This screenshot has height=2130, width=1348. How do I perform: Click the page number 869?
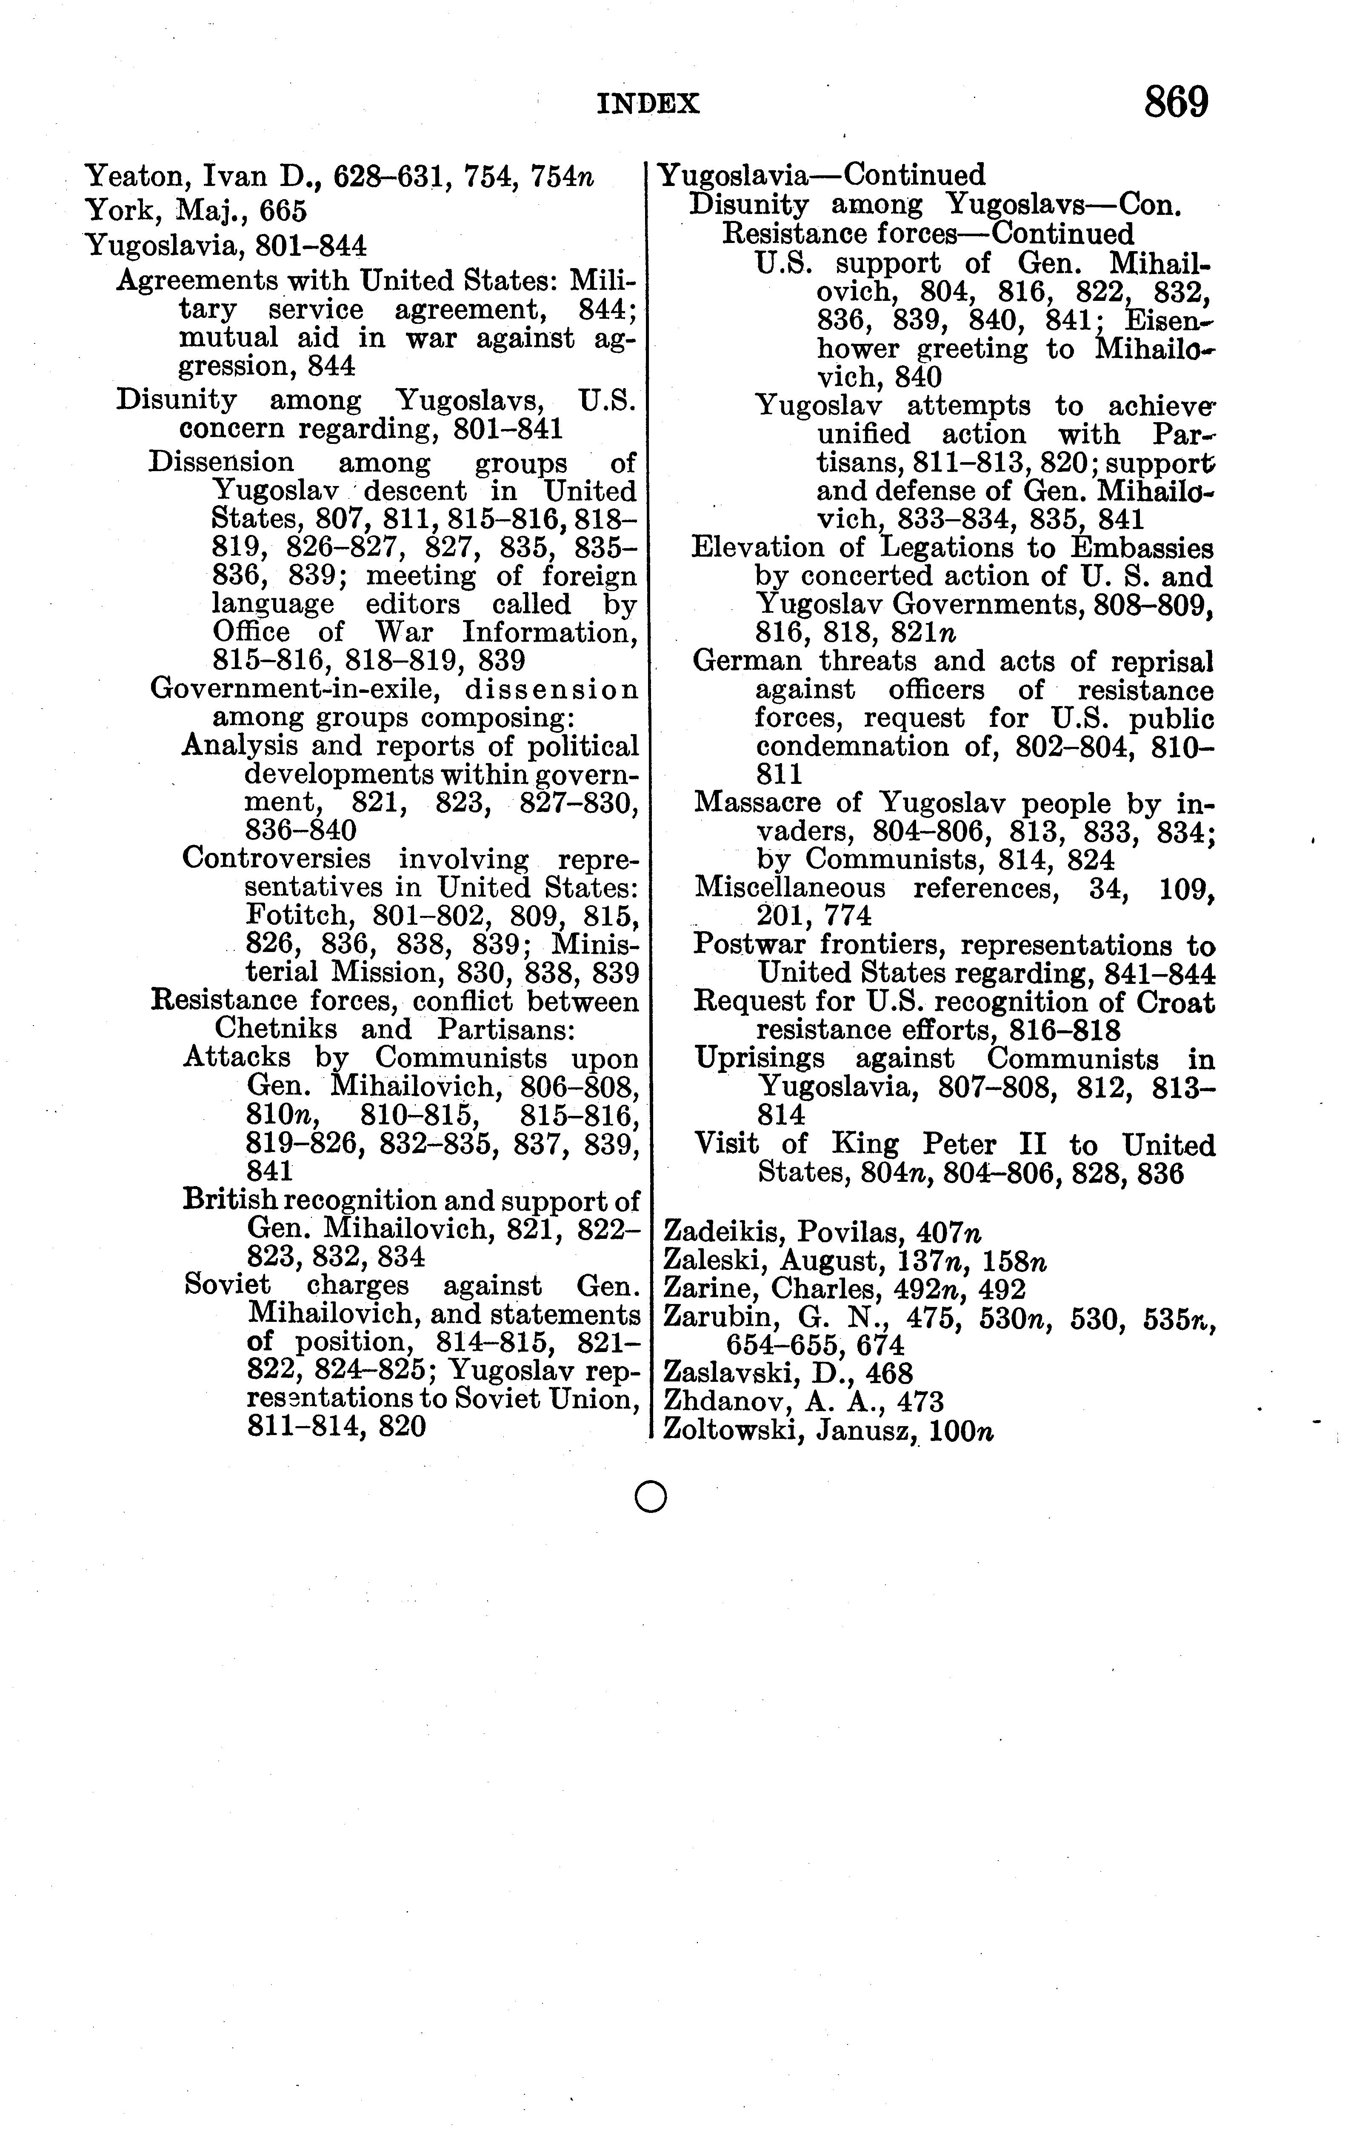[x=1176, y=103]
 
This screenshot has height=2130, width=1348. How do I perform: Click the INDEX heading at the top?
[x=648, y=104]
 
